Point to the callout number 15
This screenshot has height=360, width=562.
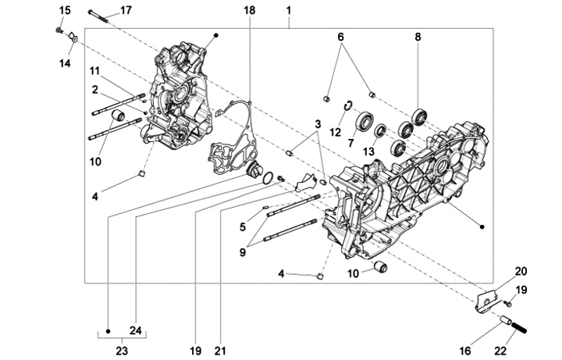point(65,9)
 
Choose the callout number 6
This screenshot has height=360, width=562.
point(340,37)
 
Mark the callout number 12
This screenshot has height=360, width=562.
point(336,132)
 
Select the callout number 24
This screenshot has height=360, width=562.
point(135,330)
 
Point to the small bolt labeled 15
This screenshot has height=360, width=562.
point(59,30)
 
